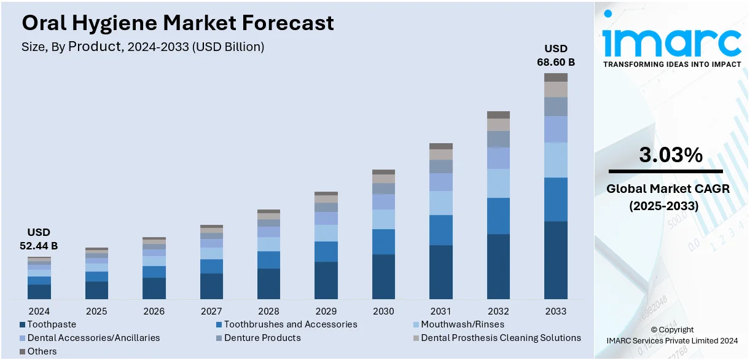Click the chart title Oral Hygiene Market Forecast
(x=178, y=23)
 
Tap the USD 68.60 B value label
(x=555, y=55)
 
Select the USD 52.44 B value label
(x=38, y=239)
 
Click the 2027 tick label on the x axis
(x=211, y=311)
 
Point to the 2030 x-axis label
(x=383, y=311)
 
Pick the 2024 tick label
(x=39, y=311)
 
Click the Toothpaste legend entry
(x=52, y=324)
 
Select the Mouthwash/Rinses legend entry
(x=463, y=324)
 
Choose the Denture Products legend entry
(x=262, y=338)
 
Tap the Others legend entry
(x=42, y=351)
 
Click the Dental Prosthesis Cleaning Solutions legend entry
(x=501, y=338)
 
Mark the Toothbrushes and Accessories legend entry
(x=290, y=324)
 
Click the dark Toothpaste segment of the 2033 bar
(x=555, y=260)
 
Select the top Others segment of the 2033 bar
(x=555, y=77)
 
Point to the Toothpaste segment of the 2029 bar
(x=326, y=280)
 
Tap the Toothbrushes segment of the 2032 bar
(x=498, y=216)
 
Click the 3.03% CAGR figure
(x=671, y=156)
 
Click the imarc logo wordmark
(x=671, y=42)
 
